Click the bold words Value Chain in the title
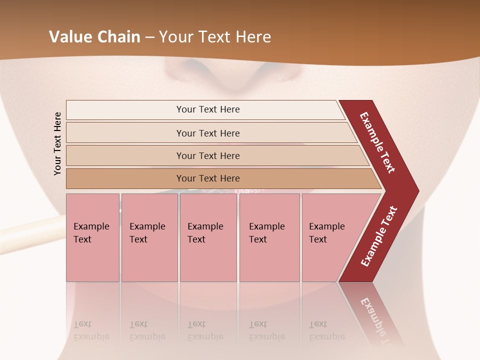pos(94,37)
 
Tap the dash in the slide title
pos(149,37)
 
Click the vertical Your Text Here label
pos(57,143)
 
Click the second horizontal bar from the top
pos(207,133)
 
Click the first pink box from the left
pos(92,237)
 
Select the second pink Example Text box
pos(149,237)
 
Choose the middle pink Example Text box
pos(208,237)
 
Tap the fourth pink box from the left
pos(269,237)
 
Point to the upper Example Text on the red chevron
pos(377,142)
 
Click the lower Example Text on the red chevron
pos(379,236)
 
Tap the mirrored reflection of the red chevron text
pos(377,320)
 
